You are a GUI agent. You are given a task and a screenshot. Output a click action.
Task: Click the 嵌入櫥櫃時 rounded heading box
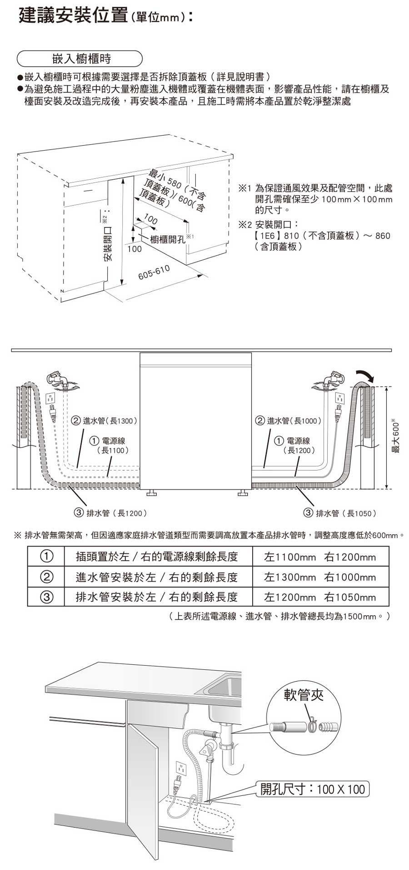tap(80, 59)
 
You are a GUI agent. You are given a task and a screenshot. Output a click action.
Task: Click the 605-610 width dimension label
tap(154, 273)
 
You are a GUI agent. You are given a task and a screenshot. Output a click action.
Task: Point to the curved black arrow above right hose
tap(366, 375)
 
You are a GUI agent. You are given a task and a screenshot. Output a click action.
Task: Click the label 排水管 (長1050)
tap(340, 513)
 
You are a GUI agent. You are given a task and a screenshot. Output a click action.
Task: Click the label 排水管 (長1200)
tap(110, 513)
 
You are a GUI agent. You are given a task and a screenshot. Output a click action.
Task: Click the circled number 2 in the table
tap(46, 577)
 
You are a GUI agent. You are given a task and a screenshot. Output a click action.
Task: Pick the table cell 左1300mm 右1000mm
tap(320, 577)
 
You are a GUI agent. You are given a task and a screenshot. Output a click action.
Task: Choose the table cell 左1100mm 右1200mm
tap(320, 557)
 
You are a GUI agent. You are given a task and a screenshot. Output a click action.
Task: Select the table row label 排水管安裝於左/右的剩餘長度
tap(157, 597)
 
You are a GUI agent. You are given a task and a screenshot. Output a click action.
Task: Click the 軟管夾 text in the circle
tap(303, 694)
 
